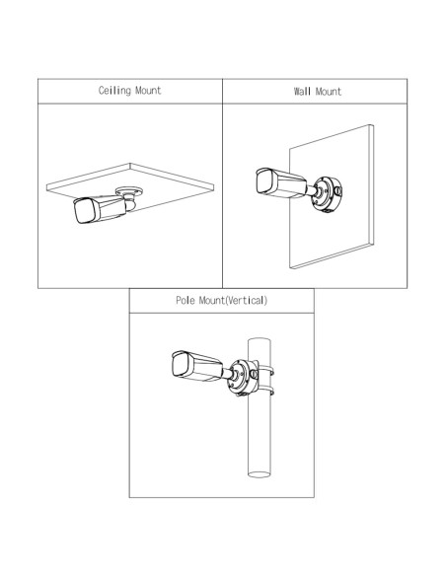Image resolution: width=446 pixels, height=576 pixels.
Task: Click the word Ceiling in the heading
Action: tap(114, 91)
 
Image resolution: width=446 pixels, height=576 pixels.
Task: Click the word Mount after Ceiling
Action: tap(148, 91)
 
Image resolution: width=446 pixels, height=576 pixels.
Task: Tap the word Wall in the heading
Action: tap(302, 91)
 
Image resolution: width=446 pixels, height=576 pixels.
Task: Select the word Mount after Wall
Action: tap(329, 91)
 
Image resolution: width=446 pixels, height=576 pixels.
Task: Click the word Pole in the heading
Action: tap(186, 301)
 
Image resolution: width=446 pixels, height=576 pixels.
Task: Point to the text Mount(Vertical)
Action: tap(233, 301)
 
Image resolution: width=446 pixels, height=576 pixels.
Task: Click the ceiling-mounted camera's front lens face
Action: tap(85, 211)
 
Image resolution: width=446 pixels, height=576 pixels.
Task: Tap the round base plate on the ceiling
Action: tap(129, 191)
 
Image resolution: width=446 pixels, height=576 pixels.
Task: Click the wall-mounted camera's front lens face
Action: tap(265, 182)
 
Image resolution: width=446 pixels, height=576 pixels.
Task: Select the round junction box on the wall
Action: tap(327, 195)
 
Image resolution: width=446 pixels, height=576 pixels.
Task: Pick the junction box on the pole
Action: tap(243, 378)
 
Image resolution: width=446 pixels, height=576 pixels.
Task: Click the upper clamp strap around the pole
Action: tap(266, 371)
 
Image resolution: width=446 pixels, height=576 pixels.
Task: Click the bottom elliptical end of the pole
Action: tap(260, 474)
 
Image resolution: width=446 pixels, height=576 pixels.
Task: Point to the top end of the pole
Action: tap(260, 340)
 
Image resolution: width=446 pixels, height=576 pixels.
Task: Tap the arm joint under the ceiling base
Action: tap(130, 203)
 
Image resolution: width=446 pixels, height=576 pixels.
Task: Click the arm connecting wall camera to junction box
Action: tap(312, 191)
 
